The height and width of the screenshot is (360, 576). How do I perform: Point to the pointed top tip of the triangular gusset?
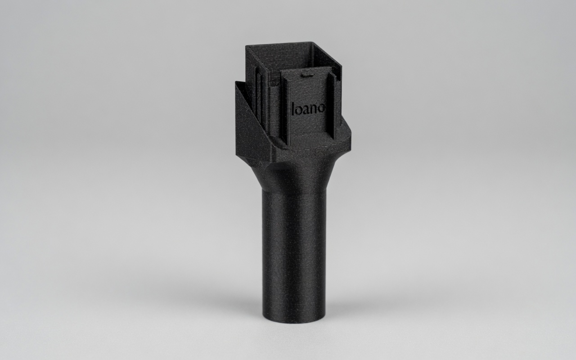tap(235, 81)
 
